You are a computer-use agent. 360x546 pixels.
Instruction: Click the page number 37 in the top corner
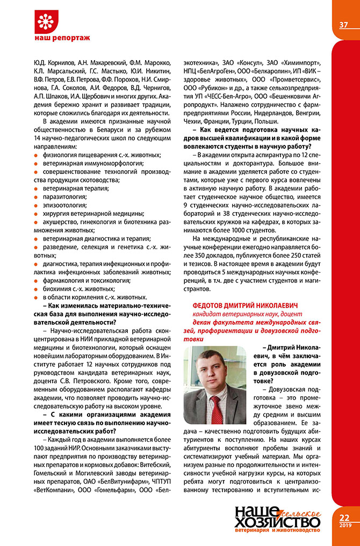click(x=344, y=25)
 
